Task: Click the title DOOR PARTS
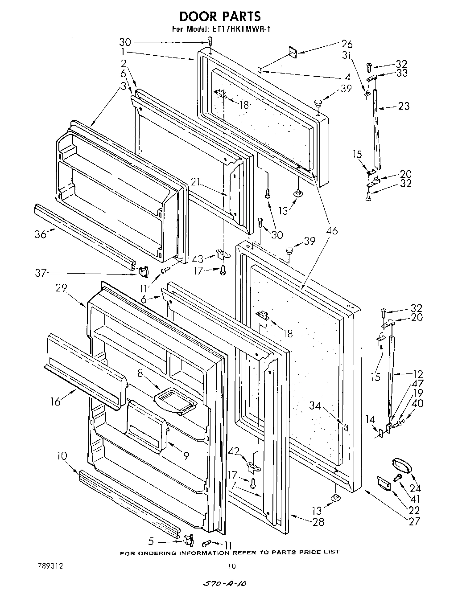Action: click(x=220, y=16)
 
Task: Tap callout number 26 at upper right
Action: click(x=346, y=44)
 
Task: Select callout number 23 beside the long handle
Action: click(x=404, y=106)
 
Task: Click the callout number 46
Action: click(x=332, y=230)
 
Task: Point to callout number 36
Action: click(x=41, y=234)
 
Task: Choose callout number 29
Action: click(x=61, y=288)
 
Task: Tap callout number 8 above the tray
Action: click(x=140, y=373)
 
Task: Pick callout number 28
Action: click(x=318, y=522)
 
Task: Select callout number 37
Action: click(x=41, y=273)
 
